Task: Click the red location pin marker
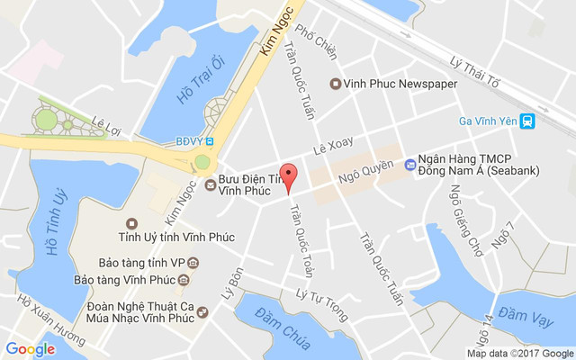288,176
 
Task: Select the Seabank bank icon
410,164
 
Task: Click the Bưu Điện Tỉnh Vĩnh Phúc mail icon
210,185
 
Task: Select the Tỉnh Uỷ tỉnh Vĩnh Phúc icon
132,222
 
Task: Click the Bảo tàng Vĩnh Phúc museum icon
184,281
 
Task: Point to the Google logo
31,349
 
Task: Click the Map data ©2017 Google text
519,354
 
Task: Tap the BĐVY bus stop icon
209,140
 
